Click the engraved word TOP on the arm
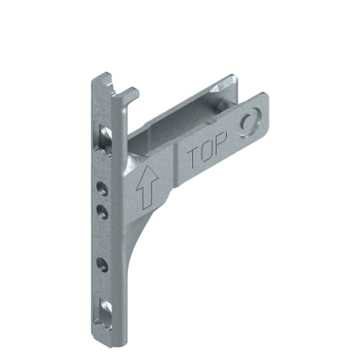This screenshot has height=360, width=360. click(206, 155)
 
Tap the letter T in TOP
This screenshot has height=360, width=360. click(194, 158)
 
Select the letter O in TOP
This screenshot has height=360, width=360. click(206, 155)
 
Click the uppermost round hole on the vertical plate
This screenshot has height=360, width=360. click(103, 185)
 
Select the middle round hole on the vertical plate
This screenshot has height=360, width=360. click(103, 210)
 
